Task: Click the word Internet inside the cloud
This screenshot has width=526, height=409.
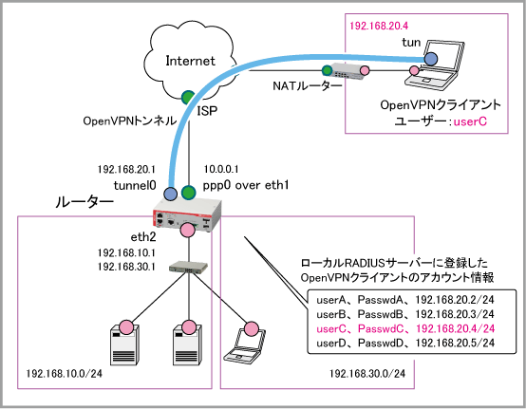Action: (x=190, y=61)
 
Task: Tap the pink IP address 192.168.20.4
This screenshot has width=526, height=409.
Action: (x=379, y=26)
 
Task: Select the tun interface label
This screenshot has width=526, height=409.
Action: (x=411, y=43)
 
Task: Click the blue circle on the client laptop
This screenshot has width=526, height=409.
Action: (x=431, y=59)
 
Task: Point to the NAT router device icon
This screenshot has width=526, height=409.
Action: (x=348, y=72)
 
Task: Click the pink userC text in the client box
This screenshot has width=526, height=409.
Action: (x=470, y=121)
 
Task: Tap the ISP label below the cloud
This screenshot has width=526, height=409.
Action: (x=207, y=111)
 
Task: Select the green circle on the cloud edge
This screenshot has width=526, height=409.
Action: (x=188, y=97)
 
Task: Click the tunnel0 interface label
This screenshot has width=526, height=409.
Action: (x=135, y=185)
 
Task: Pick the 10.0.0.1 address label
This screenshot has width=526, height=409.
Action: (x=221, y=169)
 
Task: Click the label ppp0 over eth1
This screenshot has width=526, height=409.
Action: (x=246, y=185)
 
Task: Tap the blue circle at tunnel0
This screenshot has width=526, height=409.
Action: (x=170, y=194)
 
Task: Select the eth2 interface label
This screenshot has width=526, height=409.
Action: (x=143, y=237)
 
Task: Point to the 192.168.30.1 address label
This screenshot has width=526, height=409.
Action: (x=126, y=267)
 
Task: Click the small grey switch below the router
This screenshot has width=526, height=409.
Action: (x=188, y=268)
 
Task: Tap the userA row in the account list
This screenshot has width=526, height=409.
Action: (x=405, y=300)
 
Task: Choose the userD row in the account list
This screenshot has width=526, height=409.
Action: (x=405, y=343)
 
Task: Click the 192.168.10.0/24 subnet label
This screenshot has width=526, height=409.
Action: (x=64, y=374)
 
